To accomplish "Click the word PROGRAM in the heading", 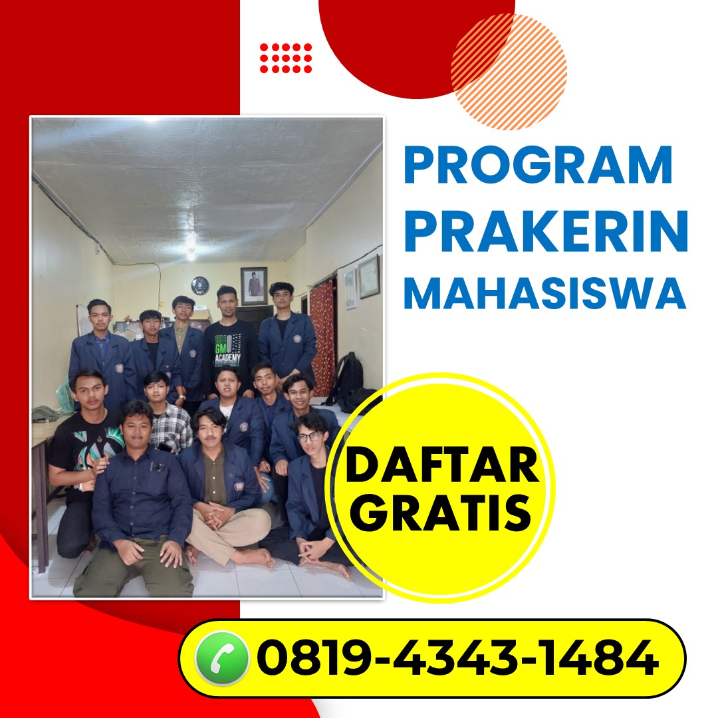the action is click(538, 165).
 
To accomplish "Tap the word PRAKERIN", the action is click(546, 232).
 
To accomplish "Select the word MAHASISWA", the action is click(545, 294).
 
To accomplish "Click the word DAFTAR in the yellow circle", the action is click(442, 465).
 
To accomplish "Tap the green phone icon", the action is click(221, 658).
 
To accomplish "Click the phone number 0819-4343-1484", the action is click(458, 658).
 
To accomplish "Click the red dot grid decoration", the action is click(286, 58).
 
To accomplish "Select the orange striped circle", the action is click(509, 72).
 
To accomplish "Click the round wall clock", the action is click(199, 285).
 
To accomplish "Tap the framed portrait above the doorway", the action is click(254, 286).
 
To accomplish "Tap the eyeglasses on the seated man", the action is click(310, 436).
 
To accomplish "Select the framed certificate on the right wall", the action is click(369, 277).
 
